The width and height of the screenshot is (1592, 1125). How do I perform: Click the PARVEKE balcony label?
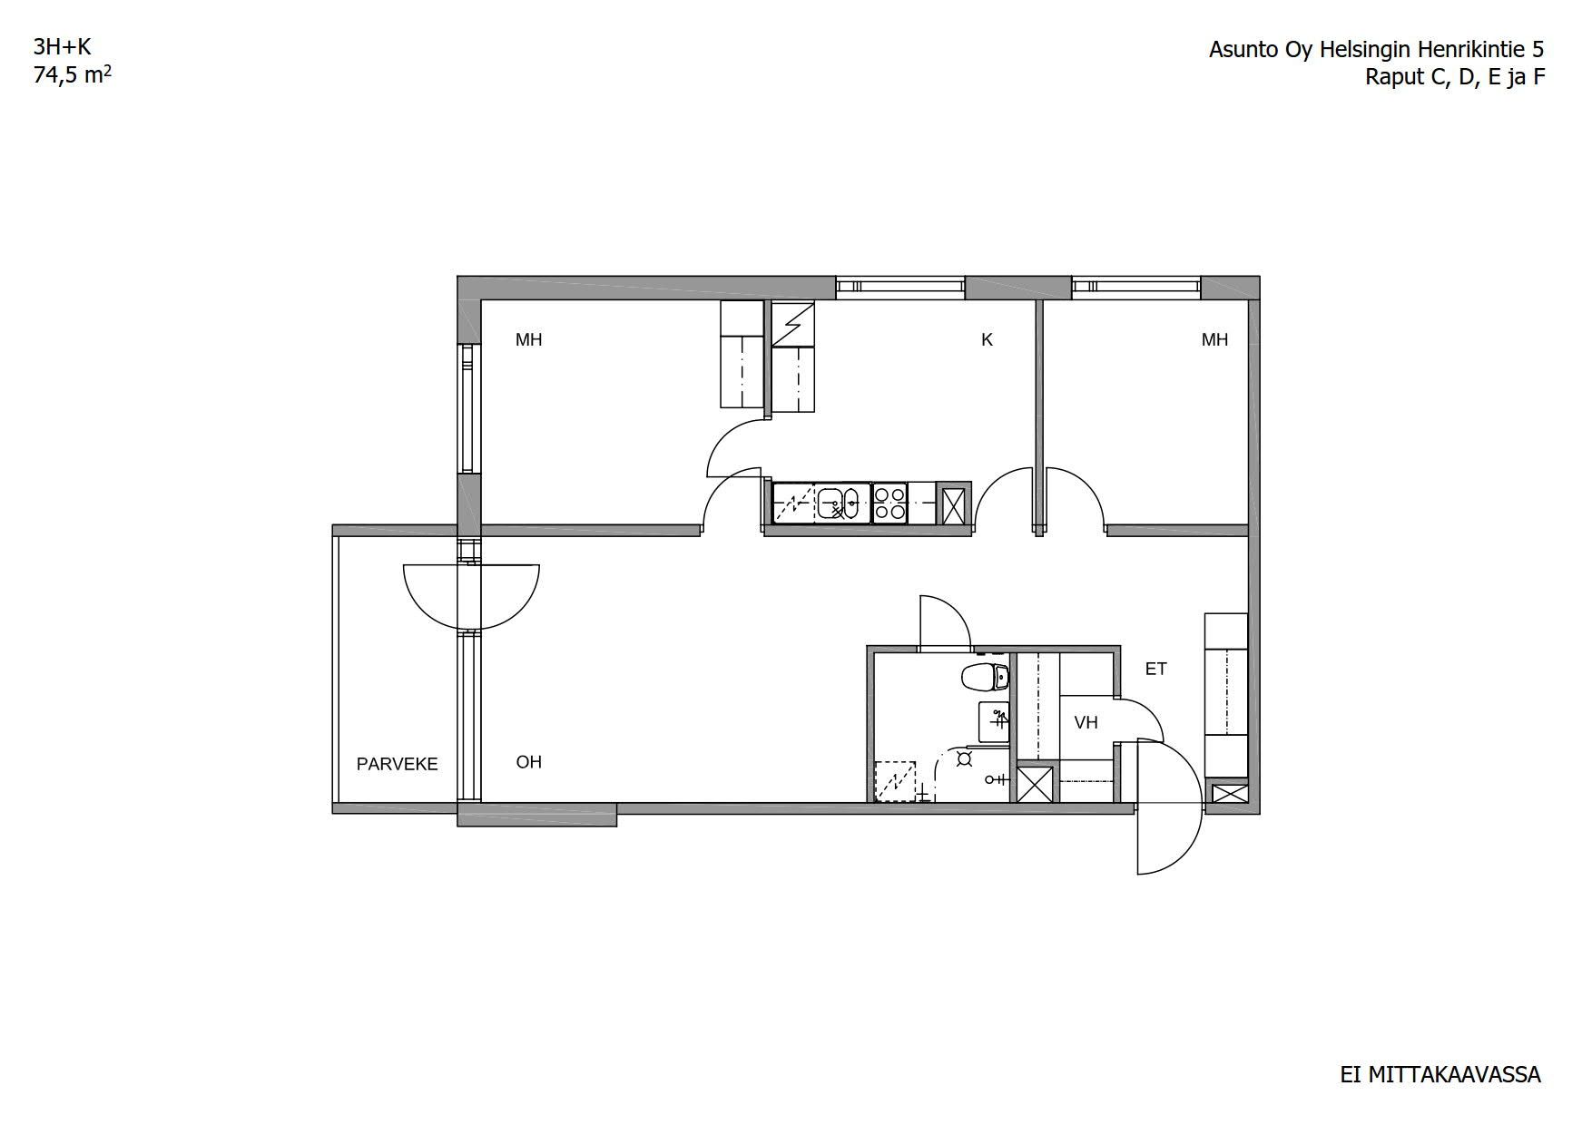[397, 764]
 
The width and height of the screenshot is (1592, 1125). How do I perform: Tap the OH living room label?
[528, 762]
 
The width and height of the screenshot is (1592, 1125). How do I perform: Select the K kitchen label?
[987, 340]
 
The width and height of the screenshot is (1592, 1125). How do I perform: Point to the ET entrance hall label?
[1155, 670]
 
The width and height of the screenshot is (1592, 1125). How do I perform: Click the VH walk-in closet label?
[1086, 723]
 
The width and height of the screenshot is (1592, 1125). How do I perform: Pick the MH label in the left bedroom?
[528, 340]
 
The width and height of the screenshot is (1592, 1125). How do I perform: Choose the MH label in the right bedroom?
[1214, 340]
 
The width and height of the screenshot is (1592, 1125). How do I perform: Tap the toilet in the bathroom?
[984, 677]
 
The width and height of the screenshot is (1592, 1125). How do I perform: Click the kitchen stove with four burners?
[890, 504]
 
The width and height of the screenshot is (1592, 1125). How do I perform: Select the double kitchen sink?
[843, 504]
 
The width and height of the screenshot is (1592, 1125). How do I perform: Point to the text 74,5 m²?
[73, 74]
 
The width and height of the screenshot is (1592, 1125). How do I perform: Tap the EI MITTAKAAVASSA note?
[1440, 1075]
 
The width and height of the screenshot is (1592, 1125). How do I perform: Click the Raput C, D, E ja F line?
[1455, 77]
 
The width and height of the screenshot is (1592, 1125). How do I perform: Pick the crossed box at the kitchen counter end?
[953, 504]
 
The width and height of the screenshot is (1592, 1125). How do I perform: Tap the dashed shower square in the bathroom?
[896, 781]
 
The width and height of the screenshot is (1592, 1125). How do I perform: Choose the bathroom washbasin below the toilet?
[994, 721]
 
